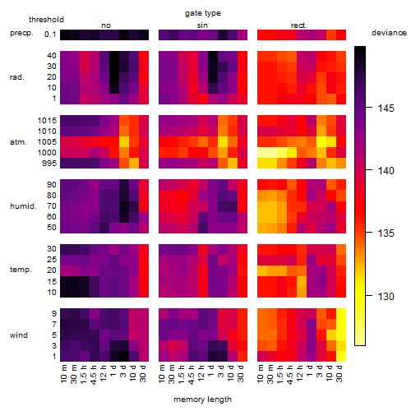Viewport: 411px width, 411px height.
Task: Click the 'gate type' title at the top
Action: tap(203, 13)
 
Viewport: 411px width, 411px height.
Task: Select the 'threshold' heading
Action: tap(46, 20)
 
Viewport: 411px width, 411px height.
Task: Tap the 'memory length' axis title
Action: tap(202, 399)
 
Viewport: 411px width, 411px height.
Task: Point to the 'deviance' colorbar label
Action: tap(389, 33)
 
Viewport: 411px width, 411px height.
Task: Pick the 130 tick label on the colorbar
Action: tap(386, 296)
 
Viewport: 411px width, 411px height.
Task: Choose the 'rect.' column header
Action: tap(299, 25)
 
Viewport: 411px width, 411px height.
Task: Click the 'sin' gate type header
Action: tap(202, 25)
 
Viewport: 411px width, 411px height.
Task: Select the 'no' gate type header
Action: tap(106, 25)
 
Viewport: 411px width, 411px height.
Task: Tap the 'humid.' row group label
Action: tap(23, 206)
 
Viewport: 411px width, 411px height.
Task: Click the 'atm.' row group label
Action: tap(18, 142)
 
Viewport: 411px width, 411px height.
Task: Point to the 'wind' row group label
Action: tap(19, 335)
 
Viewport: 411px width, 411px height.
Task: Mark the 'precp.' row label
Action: tap(21, 34)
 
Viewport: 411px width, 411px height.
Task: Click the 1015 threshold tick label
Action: tap(47, 121)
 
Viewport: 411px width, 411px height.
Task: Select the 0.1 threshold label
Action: tap(50, 35)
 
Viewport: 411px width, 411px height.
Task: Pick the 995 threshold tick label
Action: tap(49, 164)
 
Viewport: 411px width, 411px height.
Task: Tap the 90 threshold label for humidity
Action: tap(52, 185)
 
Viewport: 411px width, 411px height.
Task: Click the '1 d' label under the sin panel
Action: tap(211, 371)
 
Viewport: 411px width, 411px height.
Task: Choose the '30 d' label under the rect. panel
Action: tap(339, 373)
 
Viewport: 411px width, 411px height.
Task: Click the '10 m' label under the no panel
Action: tap(63, 374)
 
